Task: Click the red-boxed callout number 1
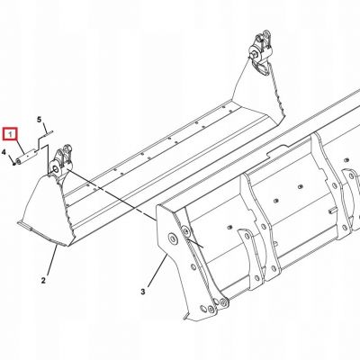pyautogui.click(x=11, y=135)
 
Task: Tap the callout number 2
pyautogui.click(x=43, y=281)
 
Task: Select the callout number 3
pyautogui.click(x=143, y=292)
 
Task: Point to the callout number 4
pyautogui.click(x=4, y=153)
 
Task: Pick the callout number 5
pyautogui.click(x=39, y=120)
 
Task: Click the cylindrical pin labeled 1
pyautogui.click(x=26, y=157)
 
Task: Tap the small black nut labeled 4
pyautogui.click(x=14, y=163)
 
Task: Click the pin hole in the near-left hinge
pyautogui.click(x=56, y=168)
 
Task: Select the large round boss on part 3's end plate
pyautogui.click(x=173, y=238)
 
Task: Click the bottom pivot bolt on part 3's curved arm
pyautogui.click(x=222, y=303)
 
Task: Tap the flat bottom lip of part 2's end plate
pyautogui.click(x=42, y=232)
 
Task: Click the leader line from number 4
pyautogui.click(x=10, y=158)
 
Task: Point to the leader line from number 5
pyautogui.click(x=45, y=128)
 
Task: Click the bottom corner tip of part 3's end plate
pyautogui.click(x=184, y=319)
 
